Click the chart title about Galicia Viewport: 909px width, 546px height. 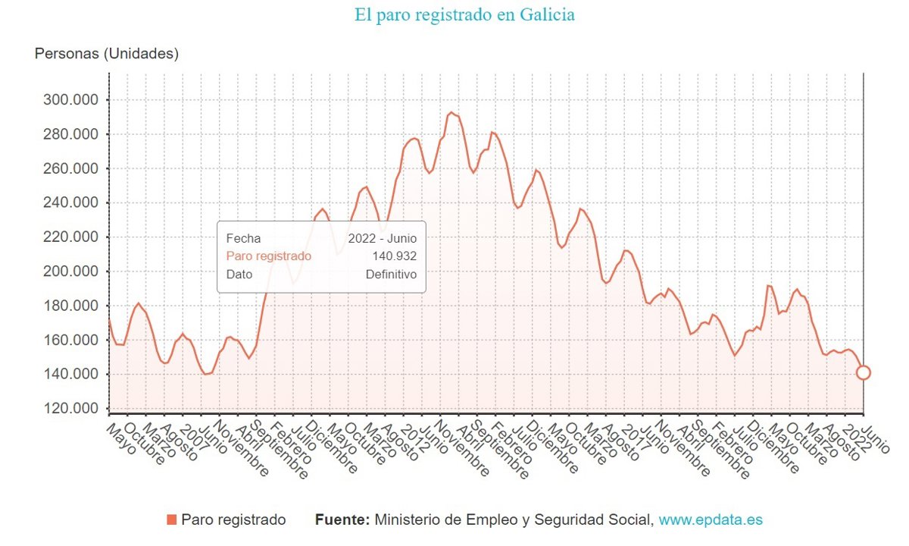point(464,14)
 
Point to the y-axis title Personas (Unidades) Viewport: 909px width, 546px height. point(107,54)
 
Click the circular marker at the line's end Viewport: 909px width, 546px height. point(863,372)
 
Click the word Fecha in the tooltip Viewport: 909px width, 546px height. point(243,238)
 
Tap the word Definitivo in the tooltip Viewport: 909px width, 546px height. point(391,275)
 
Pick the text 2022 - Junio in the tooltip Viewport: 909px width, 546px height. point(383,238)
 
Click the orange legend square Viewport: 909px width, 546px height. point(171,519)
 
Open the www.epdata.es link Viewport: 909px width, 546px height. point(711,519)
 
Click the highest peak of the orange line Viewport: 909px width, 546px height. point(451,113)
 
